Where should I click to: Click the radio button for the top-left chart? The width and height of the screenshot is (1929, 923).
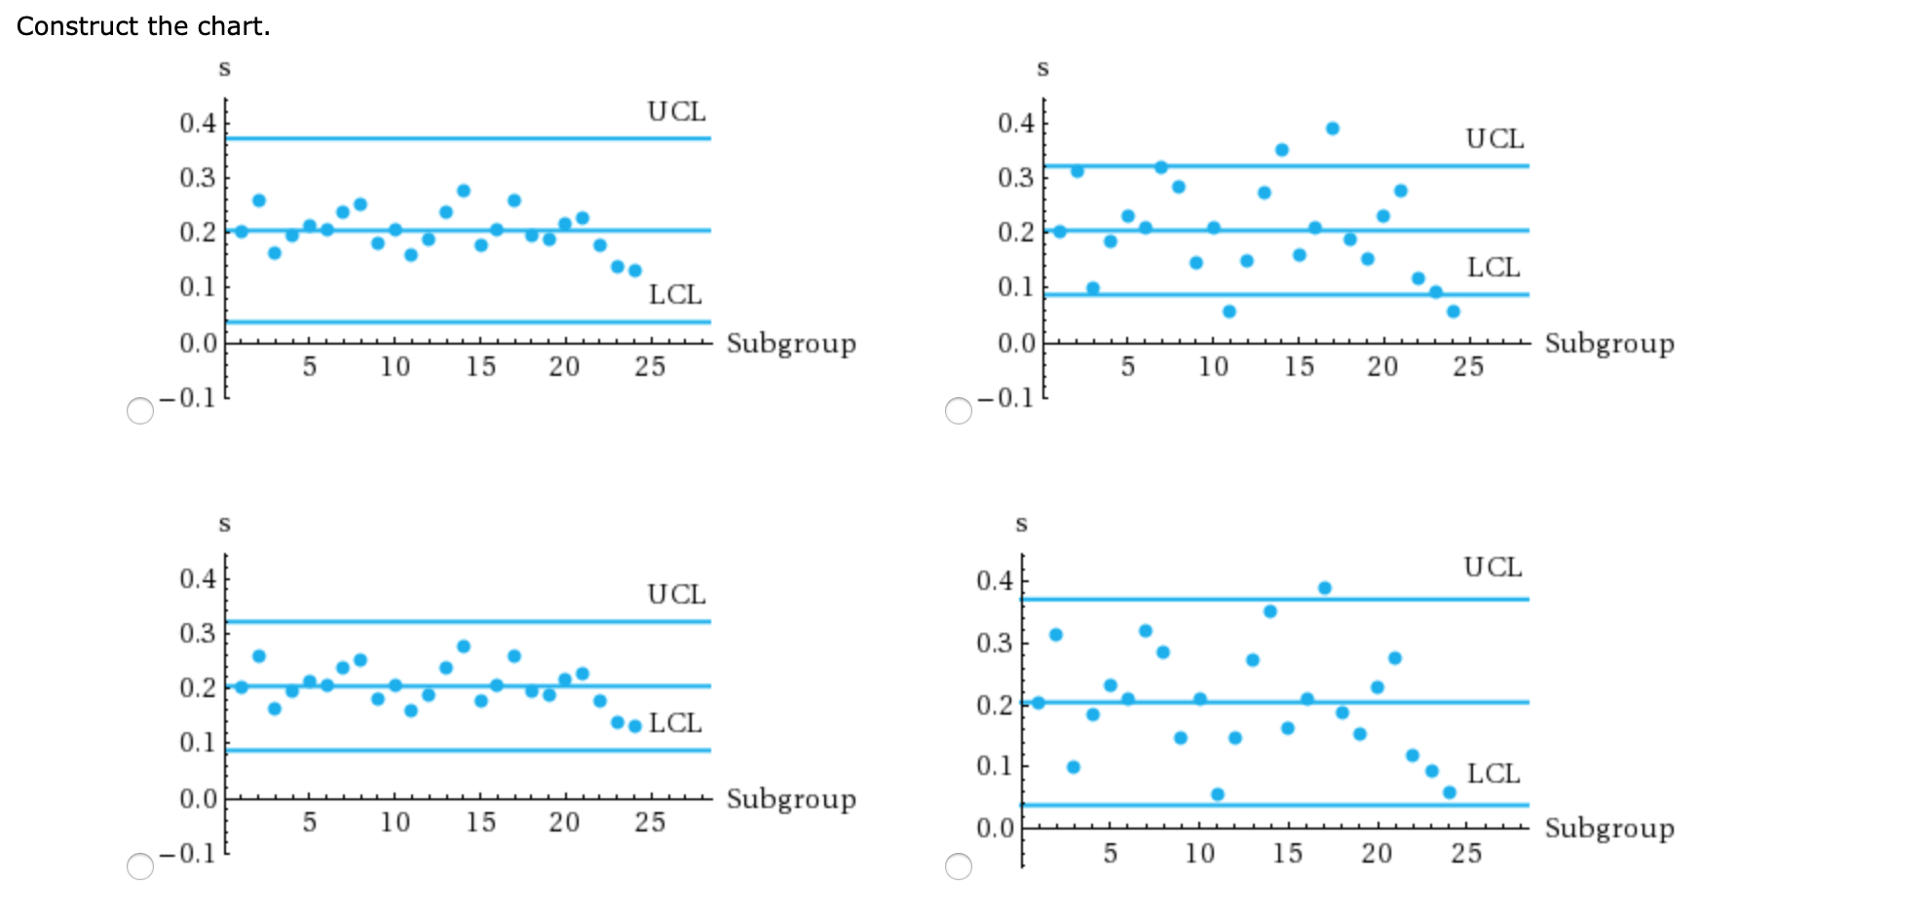[x=140, y=411]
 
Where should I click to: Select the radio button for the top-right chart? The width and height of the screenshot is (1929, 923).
[x=959, y=411]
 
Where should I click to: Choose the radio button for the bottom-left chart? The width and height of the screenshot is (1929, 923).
[x=140, y=867]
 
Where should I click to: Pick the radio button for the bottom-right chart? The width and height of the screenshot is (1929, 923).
[x=959, y=867]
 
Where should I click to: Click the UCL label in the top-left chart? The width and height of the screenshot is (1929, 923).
[x=676, y=112]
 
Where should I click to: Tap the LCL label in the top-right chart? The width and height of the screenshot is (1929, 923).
[x=1494, y=268]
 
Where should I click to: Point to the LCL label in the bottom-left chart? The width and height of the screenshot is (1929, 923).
[x=675, y=723]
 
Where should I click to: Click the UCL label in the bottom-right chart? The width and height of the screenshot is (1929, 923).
[x=1493, y=568]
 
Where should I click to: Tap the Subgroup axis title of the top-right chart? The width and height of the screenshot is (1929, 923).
[x=1609, y=344]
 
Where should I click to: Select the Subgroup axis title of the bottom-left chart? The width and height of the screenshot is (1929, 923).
[x=791, y=799]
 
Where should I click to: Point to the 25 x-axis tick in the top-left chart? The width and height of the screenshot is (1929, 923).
[x=650, y=367]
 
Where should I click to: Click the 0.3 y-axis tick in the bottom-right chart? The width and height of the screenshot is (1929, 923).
[x=995, y=644]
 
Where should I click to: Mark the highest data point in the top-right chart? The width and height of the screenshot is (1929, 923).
[x=1333, y=129]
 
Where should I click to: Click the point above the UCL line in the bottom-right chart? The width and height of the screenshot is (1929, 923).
[x=1325, y=588]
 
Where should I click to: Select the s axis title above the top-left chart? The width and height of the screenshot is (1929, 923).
[x=225, y=68]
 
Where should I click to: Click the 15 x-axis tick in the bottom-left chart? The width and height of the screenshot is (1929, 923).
[x=480, y=823]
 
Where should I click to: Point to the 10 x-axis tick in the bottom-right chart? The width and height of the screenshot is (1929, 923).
[x=1199, y=854]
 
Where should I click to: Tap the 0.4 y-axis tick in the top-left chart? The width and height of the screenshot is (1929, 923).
[x=198, y=124]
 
